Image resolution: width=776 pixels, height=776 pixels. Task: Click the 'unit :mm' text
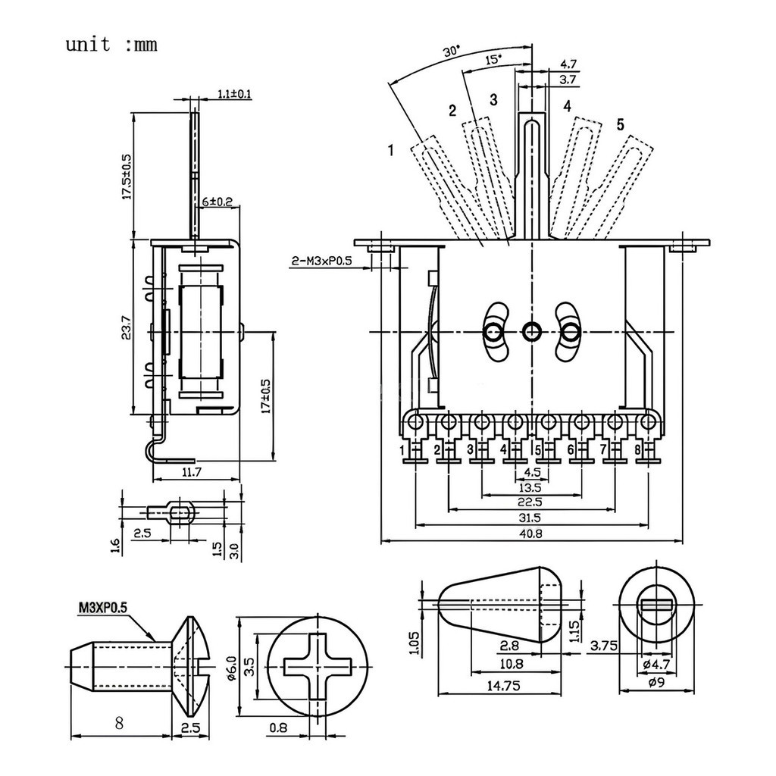pos(111,44)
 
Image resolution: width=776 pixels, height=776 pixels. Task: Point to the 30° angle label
pos(452,52)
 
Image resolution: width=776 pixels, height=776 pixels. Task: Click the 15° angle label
pos(493,60)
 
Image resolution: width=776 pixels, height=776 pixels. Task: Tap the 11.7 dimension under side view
pos(192,472)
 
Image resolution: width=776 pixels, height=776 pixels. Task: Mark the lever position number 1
pos(390,151)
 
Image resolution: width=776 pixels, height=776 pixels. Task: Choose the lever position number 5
pos(620,124)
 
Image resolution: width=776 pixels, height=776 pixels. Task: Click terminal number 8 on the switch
pos(638,451)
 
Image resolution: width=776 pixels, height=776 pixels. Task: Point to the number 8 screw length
pos(119,722)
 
